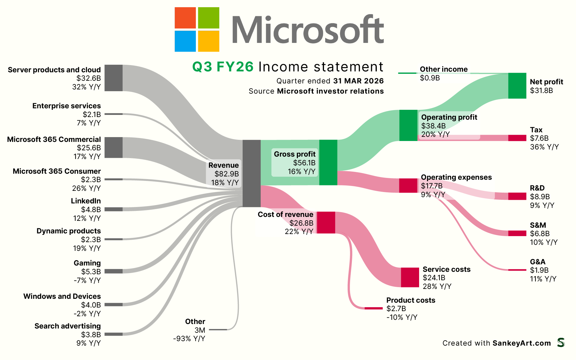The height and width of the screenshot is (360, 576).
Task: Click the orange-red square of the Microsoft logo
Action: (x=185, y=18)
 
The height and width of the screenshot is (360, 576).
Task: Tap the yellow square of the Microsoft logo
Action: (x=208, y=41)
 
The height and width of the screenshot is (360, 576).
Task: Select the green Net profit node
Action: (x=517, y=85)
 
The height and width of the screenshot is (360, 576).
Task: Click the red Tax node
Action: (x=517, y=138)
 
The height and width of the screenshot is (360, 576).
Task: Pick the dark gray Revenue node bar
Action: (x=251, y=173)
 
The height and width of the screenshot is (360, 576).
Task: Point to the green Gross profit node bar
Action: (x=328, y=162)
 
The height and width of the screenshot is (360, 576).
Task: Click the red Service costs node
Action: (x=410, y=277)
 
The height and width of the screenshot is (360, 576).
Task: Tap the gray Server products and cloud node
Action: (x=113, y=78)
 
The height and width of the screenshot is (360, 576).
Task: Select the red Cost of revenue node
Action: (x=326, y=222)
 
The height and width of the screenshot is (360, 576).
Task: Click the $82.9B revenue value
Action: (x=226, y=174)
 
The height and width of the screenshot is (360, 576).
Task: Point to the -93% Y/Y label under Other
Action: (x=189, y=339)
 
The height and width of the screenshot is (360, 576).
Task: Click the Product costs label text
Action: (x=410, y=300)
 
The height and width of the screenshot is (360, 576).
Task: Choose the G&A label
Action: (x=538, y=262)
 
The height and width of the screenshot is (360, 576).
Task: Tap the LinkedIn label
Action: (x=86, y=201)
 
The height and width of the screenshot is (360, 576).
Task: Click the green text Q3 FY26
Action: (x=223, y=67)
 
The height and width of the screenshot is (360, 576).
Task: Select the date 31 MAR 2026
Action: (x=358, y=81)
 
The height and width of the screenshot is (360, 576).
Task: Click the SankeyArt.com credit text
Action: (x=521, y=343)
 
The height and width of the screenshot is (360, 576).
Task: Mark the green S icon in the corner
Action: (x=561, y=343)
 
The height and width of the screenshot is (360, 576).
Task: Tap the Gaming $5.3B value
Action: (x=91, y=272)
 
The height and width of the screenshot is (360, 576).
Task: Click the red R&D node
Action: (x=517, y=196)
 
